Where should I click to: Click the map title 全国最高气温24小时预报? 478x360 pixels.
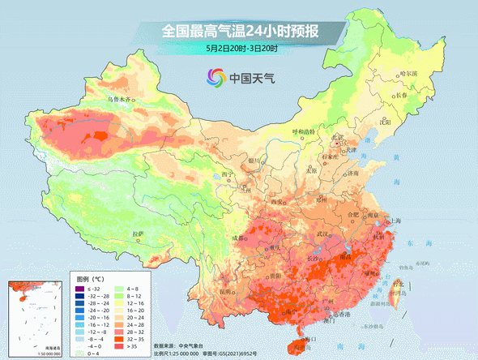(240, 32)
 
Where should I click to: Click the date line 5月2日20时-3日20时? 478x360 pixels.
(241, 49)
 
